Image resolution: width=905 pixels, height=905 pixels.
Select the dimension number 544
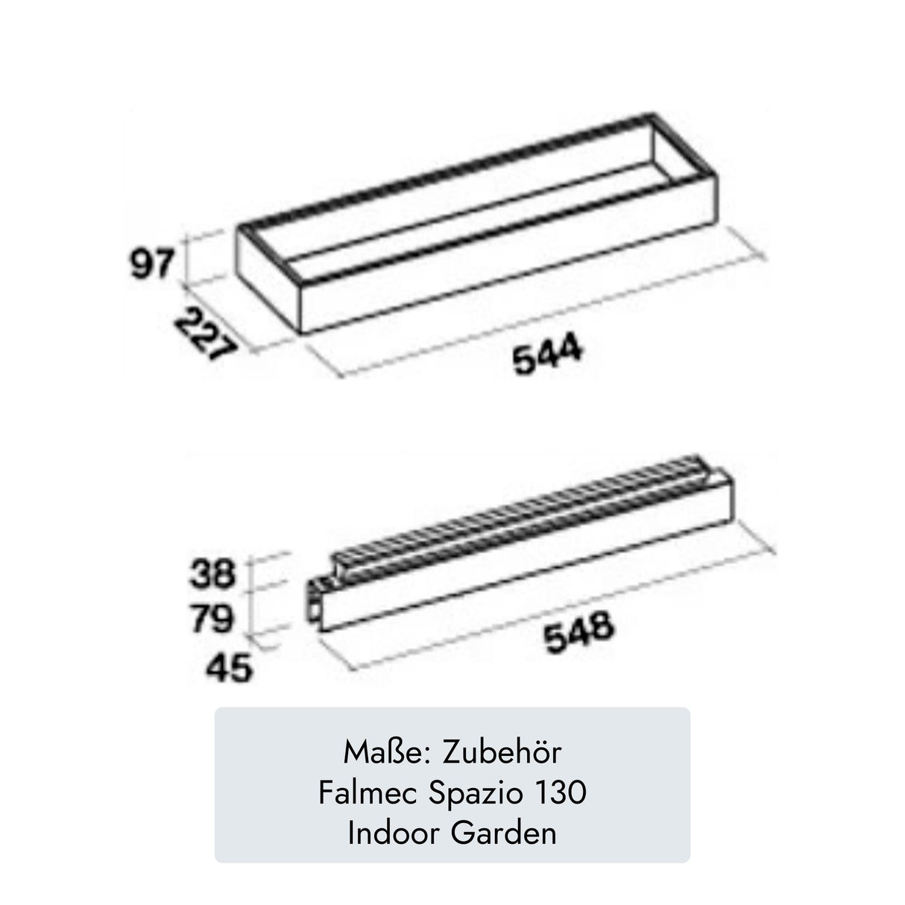548,358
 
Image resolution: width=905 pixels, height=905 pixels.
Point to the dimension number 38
212,574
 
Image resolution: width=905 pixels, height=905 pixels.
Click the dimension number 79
212,619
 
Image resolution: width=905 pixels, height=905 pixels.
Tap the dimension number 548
578,633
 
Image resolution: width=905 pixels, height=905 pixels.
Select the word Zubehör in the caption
502,752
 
